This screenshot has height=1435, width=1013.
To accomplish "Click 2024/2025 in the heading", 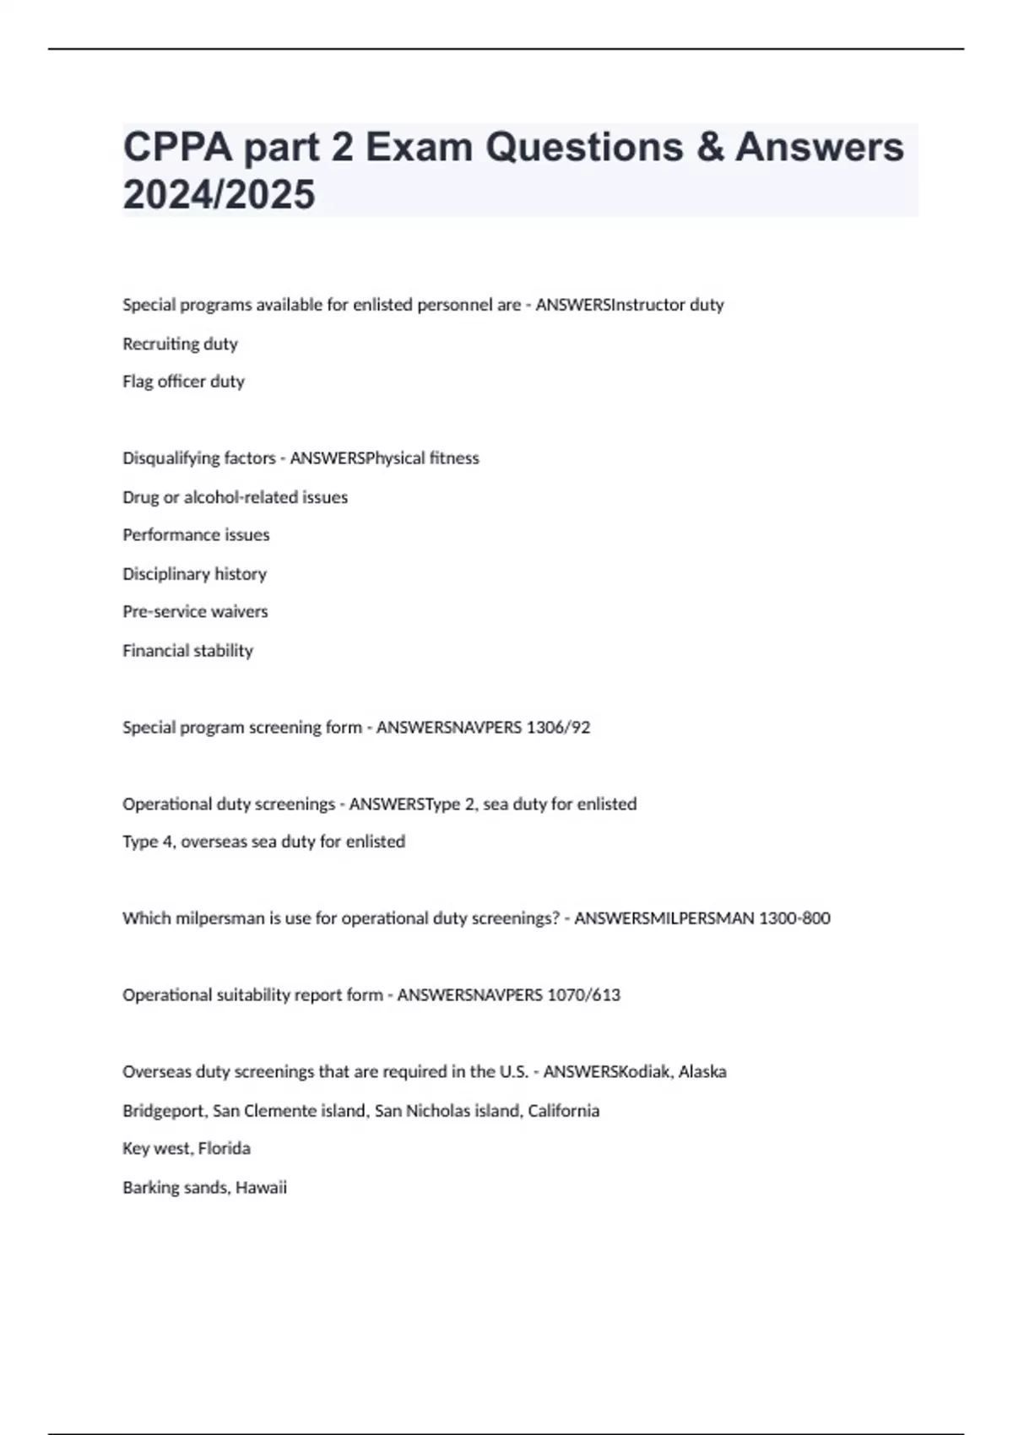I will pyautogui.click(x=219, y=195).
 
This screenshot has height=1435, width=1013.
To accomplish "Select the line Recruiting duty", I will pyautogui.click(x=180, y=344).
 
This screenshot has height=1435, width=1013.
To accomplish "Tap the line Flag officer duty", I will pyautogui.click(x=183, y=382).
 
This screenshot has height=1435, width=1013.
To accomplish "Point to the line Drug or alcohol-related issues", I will pyautogui.click(x=235, y=497).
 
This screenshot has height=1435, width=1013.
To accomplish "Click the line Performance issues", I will pyautogui.click(x=196, y=535).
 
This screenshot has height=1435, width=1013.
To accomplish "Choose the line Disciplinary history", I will pyautogui.click(x=194, y=574).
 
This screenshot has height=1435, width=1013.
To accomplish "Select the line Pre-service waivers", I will pyautogui.click(x=195, y=612).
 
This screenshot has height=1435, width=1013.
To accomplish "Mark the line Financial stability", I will pyautogui.click(x=187, y=651).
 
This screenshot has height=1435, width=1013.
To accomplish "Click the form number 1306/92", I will pyautogui.click(x=558, y=728).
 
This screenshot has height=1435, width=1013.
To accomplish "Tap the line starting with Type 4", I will pyautogui.click(x=263, y=842).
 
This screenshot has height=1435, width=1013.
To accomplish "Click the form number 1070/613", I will pyautogui.click(x=583, y=995).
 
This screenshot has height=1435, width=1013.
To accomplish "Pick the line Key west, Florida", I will pyautogui.click(x=186, y=1149).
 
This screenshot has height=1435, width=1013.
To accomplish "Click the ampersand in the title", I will pyautogui.click(x=710, y=148).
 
